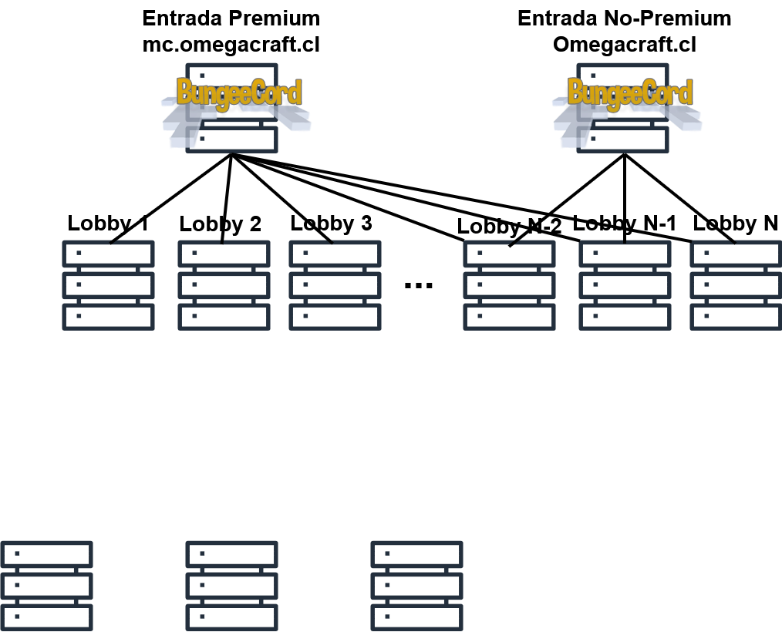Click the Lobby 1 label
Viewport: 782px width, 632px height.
108,224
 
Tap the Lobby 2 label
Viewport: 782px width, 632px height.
220,224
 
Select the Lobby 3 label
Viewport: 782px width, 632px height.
331,224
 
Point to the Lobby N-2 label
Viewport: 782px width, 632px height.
509,227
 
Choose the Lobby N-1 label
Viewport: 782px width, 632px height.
625,224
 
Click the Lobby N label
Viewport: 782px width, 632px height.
736,224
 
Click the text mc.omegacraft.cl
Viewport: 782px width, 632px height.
231,45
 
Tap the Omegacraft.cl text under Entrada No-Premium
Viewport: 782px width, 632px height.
625,45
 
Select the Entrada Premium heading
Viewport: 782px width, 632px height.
231,18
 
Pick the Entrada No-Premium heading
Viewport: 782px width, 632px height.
625,18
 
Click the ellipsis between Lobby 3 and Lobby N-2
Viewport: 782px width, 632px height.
418,286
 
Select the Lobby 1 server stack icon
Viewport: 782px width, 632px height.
108,285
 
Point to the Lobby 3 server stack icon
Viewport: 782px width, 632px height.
335,285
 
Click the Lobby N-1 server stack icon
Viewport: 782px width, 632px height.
625,285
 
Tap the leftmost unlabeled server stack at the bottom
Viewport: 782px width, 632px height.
46,586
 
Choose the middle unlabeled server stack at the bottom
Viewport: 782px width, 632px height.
232,586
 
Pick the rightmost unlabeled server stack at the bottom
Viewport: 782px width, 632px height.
417,586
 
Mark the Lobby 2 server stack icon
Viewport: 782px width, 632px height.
224,285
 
